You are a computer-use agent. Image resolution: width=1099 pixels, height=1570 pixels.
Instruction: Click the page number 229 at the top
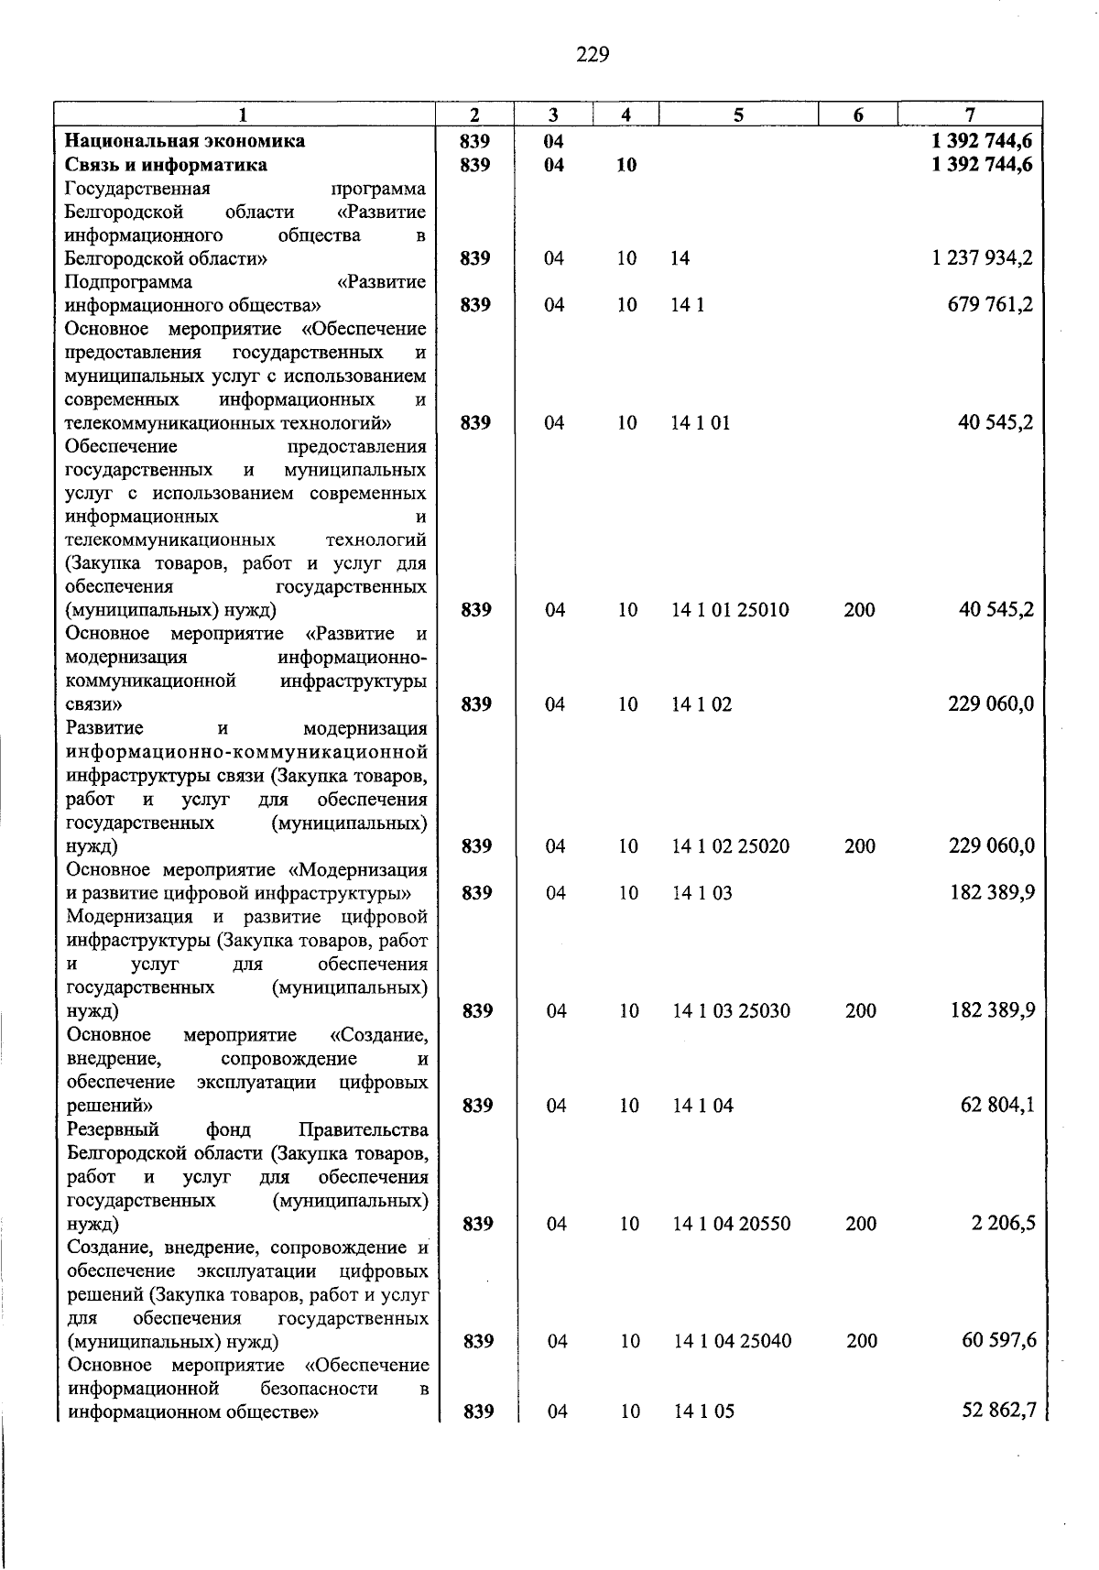(593, 55)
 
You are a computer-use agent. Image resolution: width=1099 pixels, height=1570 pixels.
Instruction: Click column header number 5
(738, 114)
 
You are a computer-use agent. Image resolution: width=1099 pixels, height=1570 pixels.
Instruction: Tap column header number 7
(970, 114)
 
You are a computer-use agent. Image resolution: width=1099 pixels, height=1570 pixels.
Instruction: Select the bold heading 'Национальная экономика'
(184, 141)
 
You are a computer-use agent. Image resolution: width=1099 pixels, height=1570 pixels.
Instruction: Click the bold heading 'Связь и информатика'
(166, 165)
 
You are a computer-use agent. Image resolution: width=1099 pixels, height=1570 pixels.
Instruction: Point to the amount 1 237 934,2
(983, 258)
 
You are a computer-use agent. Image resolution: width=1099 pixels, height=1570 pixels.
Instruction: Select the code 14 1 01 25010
(730, 610)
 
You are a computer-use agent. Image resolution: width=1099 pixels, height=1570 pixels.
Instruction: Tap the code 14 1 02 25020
(730, 846)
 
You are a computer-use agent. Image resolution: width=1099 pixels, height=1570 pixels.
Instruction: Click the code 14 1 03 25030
(731, 1011)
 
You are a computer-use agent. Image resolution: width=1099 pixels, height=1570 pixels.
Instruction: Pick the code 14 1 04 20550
(731, 1224)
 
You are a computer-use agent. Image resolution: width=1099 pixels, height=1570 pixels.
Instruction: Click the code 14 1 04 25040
(732, 1341)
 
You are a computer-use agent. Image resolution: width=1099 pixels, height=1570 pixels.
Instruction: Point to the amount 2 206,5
(1004, 1224)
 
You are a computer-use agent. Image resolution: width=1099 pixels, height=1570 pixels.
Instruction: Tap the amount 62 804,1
(998, 1106)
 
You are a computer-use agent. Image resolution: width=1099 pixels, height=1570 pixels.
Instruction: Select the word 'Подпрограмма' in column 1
(129, 282)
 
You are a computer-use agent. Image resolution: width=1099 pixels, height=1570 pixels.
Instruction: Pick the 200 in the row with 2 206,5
(861, 1224)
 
